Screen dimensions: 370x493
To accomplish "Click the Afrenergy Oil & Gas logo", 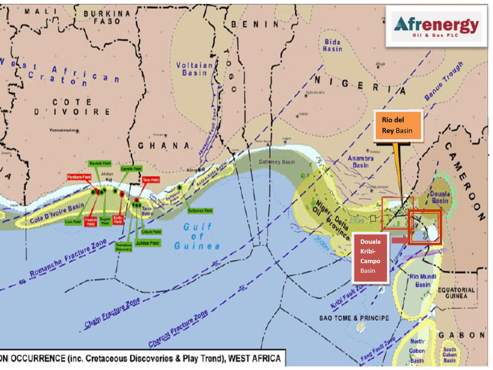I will coord(437,26).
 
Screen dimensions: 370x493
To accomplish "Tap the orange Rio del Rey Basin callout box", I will coord(398,126).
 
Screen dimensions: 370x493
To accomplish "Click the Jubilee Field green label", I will coord(147,243).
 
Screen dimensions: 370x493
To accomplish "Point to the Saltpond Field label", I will coord(200,211).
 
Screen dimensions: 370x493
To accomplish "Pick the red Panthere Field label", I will coord(79,177).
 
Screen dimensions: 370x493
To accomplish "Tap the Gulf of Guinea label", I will coord(197,236).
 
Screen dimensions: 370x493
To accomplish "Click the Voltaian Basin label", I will coord(194,68).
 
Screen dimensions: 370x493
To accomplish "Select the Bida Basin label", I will coord(332,45).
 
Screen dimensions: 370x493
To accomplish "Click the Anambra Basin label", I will coord(360,162).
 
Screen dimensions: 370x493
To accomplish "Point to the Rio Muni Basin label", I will coord(422,280).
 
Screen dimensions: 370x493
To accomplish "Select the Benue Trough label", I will coord(443,81).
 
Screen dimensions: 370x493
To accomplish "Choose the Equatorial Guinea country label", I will coord(456,293).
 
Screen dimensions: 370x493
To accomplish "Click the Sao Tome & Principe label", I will coord(354,318).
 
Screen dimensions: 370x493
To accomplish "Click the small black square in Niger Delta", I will coord(373,218).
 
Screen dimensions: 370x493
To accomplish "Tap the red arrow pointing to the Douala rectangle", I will coord(400,240).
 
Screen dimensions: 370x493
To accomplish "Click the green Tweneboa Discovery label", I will coord(124,247).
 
